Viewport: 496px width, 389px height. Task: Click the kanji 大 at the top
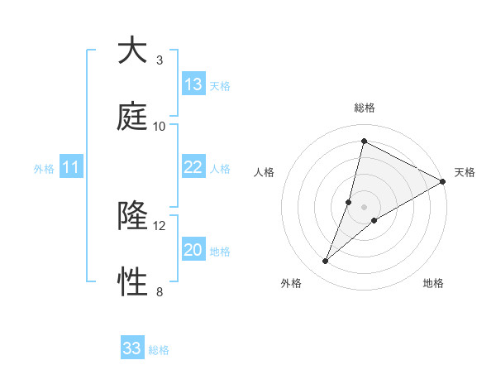[133, 50]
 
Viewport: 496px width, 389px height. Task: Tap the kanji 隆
[133, 216]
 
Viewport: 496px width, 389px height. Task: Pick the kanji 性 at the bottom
[133, 282]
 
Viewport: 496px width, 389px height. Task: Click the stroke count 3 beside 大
[160, 60]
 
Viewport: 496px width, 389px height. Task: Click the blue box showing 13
[193, 84]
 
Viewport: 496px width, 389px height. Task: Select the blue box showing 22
[193, 167]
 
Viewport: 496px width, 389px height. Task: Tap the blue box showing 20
[193, 250]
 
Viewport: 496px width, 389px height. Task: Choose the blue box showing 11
[71, 167]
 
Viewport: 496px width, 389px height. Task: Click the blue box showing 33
[132, 348]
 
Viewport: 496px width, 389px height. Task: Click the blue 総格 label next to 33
[159, 350]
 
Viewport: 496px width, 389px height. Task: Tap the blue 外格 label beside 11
[44, 169]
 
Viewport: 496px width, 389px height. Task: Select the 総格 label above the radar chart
[365, 108]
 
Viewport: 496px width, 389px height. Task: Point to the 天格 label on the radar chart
[465, 172]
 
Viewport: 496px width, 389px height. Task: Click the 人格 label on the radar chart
[265, 172]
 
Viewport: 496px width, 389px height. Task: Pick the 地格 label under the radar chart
[433, 283]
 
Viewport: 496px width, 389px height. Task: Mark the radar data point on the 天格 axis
[443, 182]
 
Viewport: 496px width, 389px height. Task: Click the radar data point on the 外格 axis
[326, 262]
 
